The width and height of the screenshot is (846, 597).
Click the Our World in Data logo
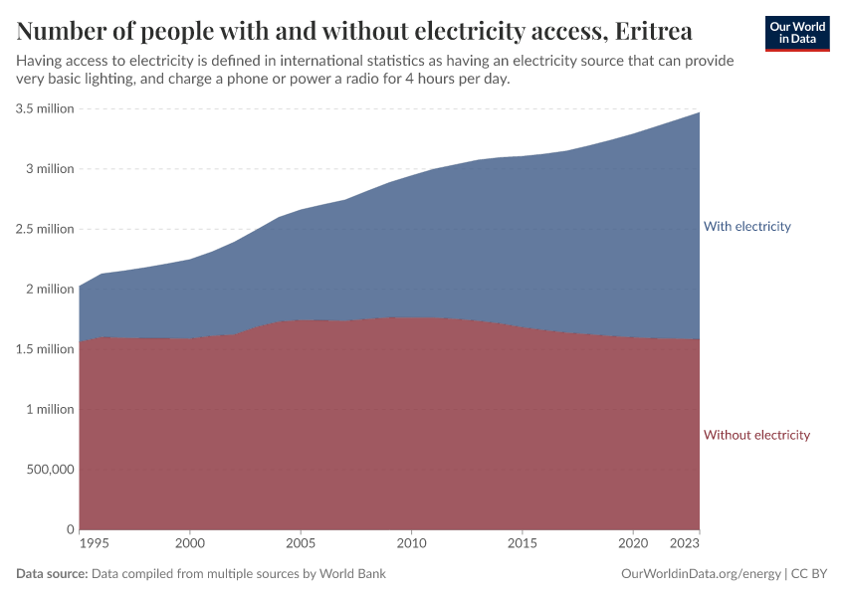tap(796, 33)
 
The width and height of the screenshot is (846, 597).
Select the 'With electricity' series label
tap(746, 227)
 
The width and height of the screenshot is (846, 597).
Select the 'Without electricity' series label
tap(756, 435)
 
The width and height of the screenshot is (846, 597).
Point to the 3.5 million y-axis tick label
tap(45, 108)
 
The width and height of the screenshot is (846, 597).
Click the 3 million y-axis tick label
tap(51, 169)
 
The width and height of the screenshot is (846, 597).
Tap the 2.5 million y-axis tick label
tap(45, 229)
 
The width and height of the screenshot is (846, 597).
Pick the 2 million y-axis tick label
tap(51, 290)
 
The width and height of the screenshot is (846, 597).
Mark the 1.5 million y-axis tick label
tap(45, 349)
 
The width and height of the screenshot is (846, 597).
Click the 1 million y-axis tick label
tap(51, 409)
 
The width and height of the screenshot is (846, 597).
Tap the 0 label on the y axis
tap(70, 529)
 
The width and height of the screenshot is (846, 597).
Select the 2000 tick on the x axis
tap(189, 544)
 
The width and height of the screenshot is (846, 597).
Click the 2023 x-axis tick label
tap(685, 544)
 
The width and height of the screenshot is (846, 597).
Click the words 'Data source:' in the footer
tap(52, 574)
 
